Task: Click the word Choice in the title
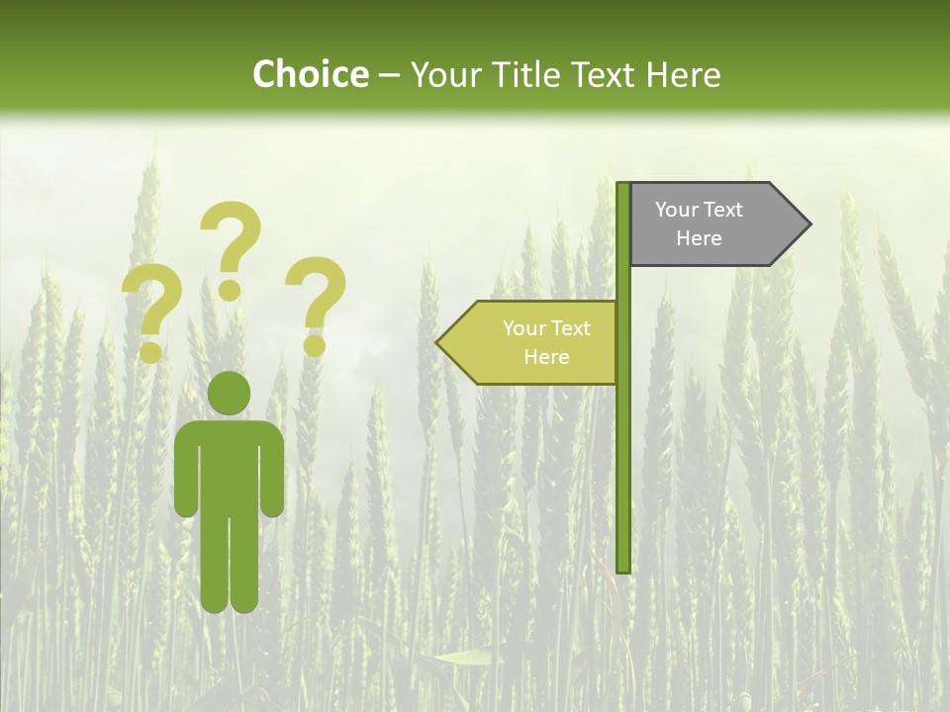pyautogui.click(x=310, y=75)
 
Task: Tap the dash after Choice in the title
pyautogui.click(x=389, y=76)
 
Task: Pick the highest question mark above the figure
pyautogui.click(x=231, y=247)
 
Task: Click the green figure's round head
pyautogui.click(x=229, y=393)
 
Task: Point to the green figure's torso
pyautogui.click(x=229, y=465)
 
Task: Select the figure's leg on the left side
pyautogui.click(x=214, y=564)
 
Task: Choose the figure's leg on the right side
pyautogui.click(x=244, y=564)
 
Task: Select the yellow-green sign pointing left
pyautogui.click(x=534, y=343)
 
